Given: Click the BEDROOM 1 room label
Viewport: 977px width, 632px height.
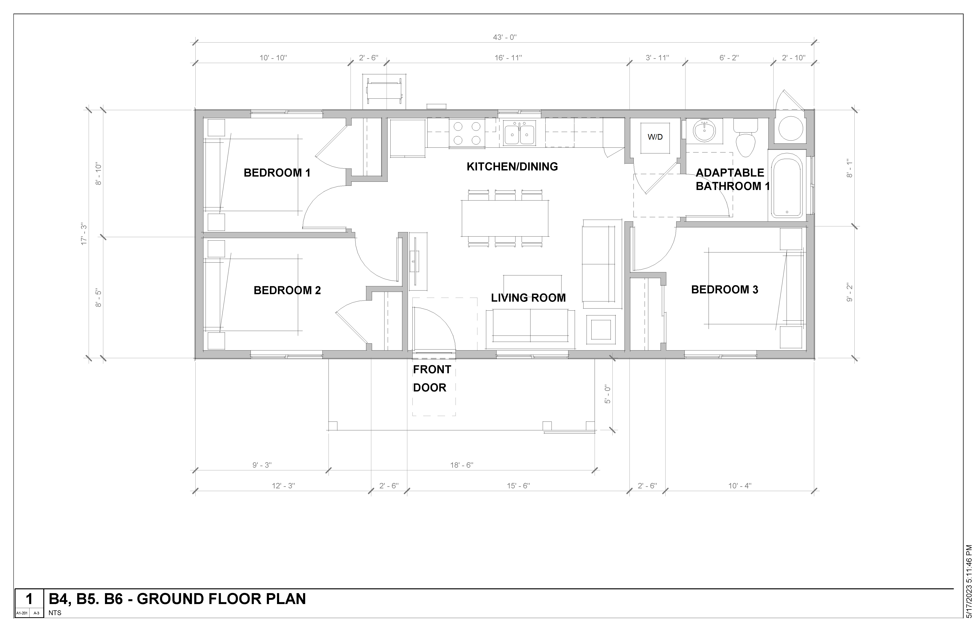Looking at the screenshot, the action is (277, 173).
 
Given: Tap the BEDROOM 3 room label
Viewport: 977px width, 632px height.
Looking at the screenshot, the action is (725, 290).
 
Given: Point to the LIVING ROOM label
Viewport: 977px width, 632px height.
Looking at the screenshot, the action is (528, 298).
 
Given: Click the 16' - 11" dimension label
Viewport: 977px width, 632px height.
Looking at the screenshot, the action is (508, 58).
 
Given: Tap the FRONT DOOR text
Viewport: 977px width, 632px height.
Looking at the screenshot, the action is (432, 378).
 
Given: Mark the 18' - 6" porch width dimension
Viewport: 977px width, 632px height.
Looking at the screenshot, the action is (462, 465).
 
